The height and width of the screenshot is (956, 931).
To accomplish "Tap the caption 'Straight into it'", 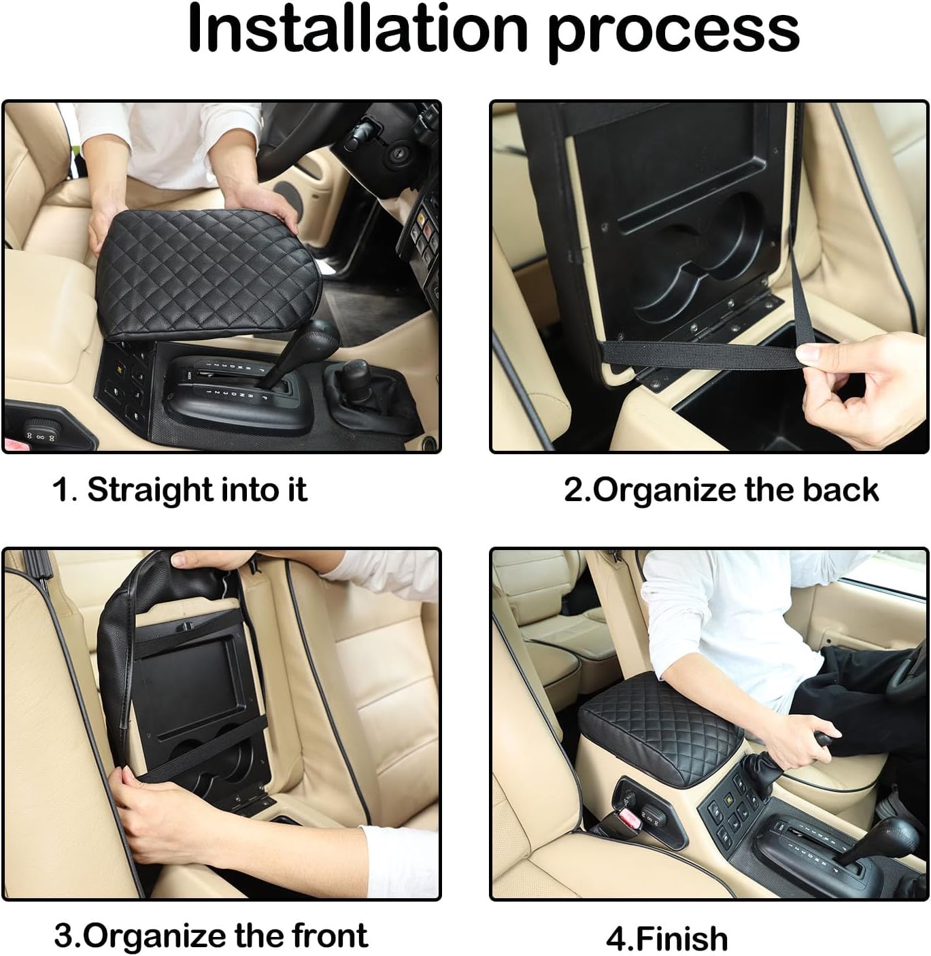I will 197,490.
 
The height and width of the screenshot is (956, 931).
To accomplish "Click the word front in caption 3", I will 330,936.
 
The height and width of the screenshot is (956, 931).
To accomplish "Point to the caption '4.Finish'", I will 666,938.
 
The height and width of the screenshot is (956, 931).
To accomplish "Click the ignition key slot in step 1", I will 394,156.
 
